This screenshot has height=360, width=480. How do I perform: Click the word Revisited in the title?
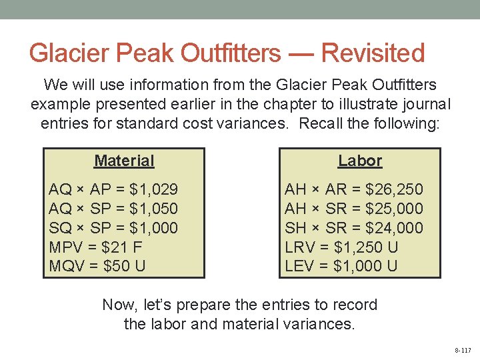(373, 53)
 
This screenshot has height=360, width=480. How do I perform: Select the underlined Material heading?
(124, 161)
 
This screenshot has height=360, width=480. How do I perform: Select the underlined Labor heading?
(360, 161)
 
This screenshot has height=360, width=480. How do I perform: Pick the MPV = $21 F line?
(97, 247)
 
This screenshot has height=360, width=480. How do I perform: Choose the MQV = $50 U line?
(98, 267)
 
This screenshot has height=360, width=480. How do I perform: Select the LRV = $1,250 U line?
(341, 247)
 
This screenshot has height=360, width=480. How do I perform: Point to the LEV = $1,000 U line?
(341, 267)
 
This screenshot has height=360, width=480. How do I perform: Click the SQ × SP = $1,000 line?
(113, 228)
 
